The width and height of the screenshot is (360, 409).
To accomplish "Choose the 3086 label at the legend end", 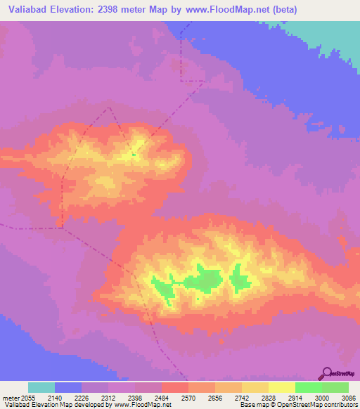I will point(347,398).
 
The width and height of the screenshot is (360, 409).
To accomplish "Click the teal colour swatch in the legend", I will point(41,387).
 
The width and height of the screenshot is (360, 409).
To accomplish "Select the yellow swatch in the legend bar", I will point(281,387).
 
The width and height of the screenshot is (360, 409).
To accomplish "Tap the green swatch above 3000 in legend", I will point(308,387).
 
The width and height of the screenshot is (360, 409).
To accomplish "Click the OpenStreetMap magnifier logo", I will point(326,373).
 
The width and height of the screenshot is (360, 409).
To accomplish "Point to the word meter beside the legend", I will point(10,398).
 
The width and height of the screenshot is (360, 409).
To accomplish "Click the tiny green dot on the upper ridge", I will point(133,155).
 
